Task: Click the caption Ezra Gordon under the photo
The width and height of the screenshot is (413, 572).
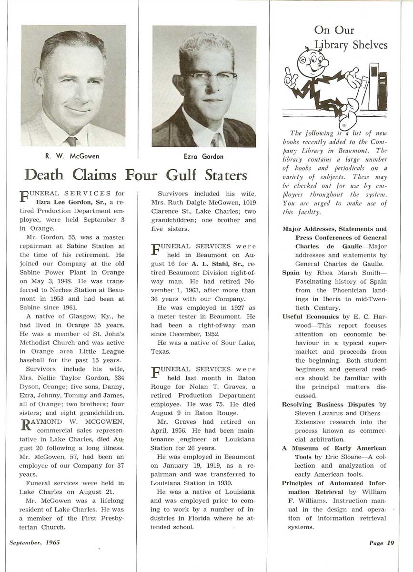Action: tap(203, 156)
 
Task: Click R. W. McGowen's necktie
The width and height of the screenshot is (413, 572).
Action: tap(71, 141)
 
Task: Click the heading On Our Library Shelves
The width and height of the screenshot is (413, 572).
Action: tap(350, 38)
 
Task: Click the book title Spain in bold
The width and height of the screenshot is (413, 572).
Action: tap(291, 273)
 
